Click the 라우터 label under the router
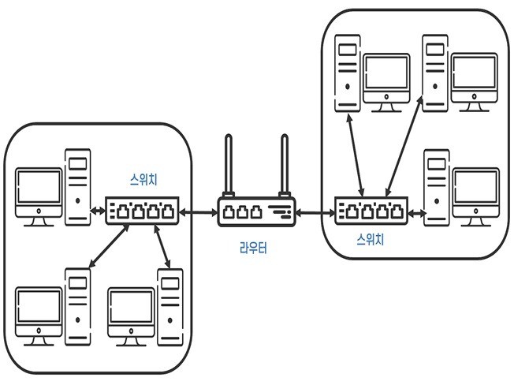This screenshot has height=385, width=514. click(x=253, y=249)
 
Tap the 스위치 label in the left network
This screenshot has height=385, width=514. click(x=143, y=179)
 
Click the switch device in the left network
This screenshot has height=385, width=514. click(x=143, y=211)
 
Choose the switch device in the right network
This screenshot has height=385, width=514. click(x=371, y=211)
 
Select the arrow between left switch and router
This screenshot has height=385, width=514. click(x=198, y=212)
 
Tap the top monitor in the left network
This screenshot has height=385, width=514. click(x=39, y=192)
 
